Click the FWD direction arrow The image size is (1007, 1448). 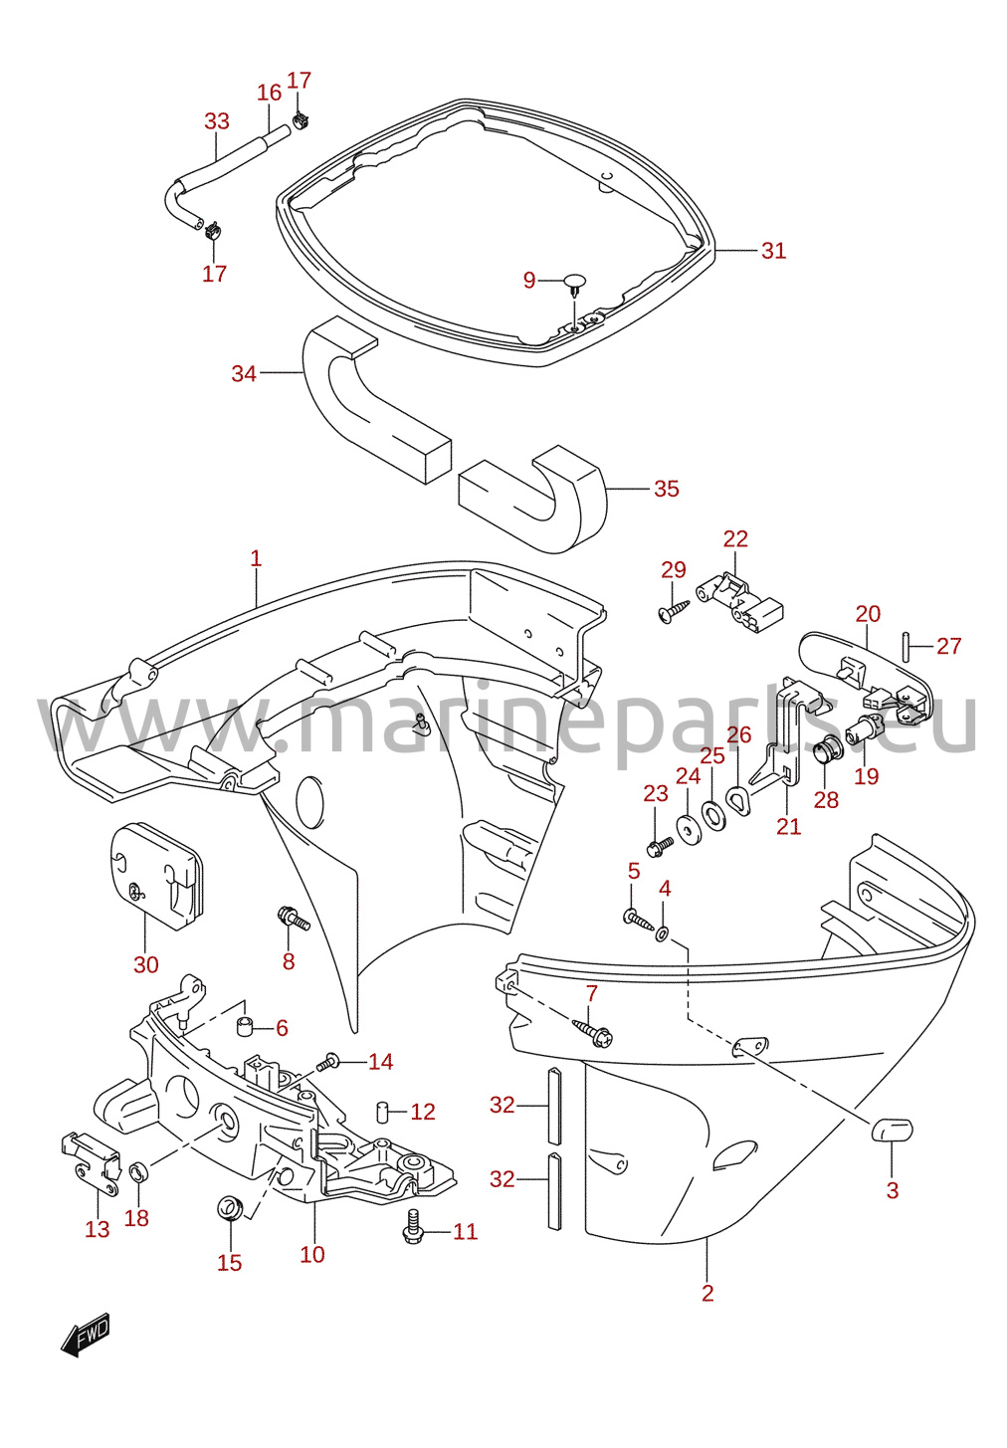86,1334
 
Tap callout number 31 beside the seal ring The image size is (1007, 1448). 773,251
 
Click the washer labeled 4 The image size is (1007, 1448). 663,933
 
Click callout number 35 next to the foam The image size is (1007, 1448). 666,488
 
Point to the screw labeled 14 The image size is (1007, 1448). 329,1061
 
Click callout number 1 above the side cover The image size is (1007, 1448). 256,558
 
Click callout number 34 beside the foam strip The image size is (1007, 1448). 244,373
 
